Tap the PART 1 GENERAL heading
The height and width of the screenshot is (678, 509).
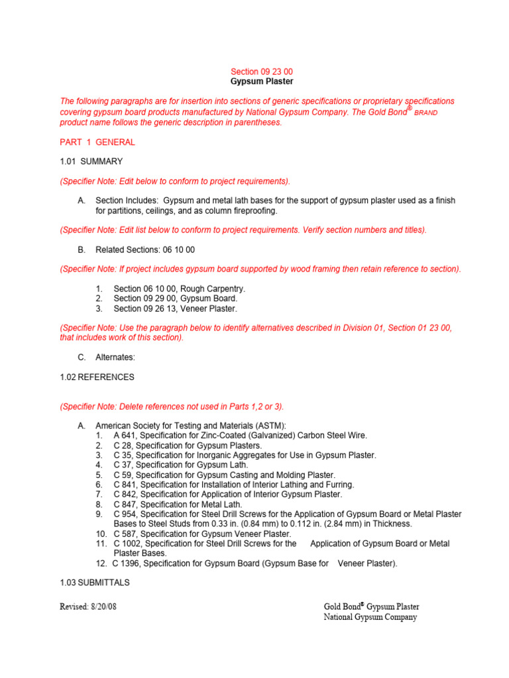click(x=97, y=142)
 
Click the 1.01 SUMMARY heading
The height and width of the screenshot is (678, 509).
click(x=91, y=161)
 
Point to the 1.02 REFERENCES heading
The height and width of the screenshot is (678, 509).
click(x=97, y=377)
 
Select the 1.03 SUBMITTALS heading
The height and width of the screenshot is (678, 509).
click(x=95, y=583)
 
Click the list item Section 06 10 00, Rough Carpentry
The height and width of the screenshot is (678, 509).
click(x=179, y=289)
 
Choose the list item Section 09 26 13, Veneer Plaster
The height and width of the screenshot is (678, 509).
click(x=175, y=309)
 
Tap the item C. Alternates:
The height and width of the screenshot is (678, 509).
click(x=115, y=358)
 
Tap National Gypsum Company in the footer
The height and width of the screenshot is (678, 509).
click(x=370, y=617)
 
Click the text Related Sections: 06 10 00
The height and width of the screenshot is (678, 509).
click(x=145, y=250)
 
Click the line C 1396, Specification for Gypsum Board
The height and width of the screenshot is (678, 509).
click(x=254, y=563)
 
